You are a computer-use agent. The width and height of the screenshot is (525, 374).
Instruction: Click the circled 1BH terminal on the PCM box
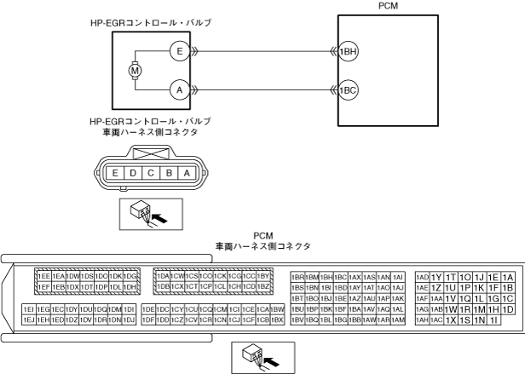pyautogui.click(x=348, y=50)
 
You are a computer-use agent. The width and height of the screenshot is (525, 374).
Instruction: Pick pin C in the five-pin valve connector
pyautogui.click(x=150, y=173)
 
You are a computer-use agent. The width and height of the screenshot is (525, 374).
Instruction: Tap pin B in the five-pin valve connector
pyautogui.click(x=168, y=173)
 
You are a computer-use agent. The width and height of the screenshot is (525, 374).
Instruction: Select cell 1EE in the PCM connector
pyautogui.click(x=43, y=276)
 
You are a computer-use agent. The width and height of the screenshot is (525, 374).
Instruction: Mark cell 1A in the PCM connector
pyautogui.click(x=508, y=277)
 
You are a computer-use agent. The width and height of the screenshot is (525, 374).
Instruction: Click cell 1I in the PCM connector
pyautogui.click(x=493, y=320)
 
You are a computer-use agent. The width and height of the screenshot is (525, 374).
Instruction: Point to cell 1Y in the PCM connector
pyautogui.click(x=436, y=277)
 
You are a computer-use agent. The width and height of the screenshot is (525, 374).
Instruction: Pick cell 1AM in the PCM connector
pyautogui.click(x=398, y=320)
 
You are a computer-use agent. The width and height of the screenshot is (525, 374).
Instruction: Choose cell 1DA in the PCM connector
pyautogui.click(x=162, y=276)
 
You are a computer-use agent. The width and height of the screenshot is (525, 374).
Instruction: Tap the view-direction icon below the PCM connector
pyautogui.click(x=262, y=357)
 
